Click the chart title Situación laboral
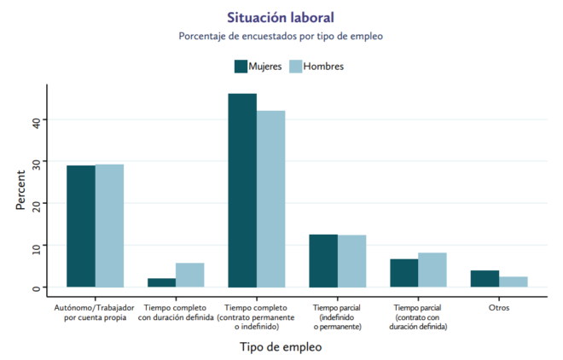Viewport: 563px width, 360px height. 281,17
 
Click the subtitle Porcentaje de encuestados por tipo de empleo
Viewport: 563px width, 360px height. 281,37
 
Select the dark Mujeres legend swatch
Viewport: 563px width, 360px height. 241,67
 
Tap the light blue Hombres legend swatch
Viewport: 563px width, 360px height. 297,67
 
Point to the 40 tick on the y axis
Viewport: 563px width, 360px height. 37,120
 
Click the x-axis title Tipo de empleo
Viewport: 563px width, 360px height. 281,347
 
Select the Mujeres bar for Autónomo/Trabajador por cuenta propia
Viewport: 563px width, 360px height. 81,226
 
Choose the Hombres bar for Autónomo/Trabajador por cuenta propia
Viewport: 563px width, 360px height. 109,226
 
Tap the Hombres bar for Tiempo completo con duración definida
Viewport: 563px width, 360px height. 189,275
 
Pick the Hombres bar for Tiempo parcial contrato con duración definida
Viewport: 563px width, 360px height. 432,270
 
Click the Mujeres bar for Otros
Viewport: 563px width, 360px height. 485,279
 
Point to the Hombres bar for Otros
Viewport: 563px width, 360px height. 513,282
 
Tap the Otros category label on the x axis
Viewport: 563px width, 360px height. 498,307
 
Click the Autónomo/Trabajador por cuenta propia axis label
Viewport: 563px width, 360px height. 95,311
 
